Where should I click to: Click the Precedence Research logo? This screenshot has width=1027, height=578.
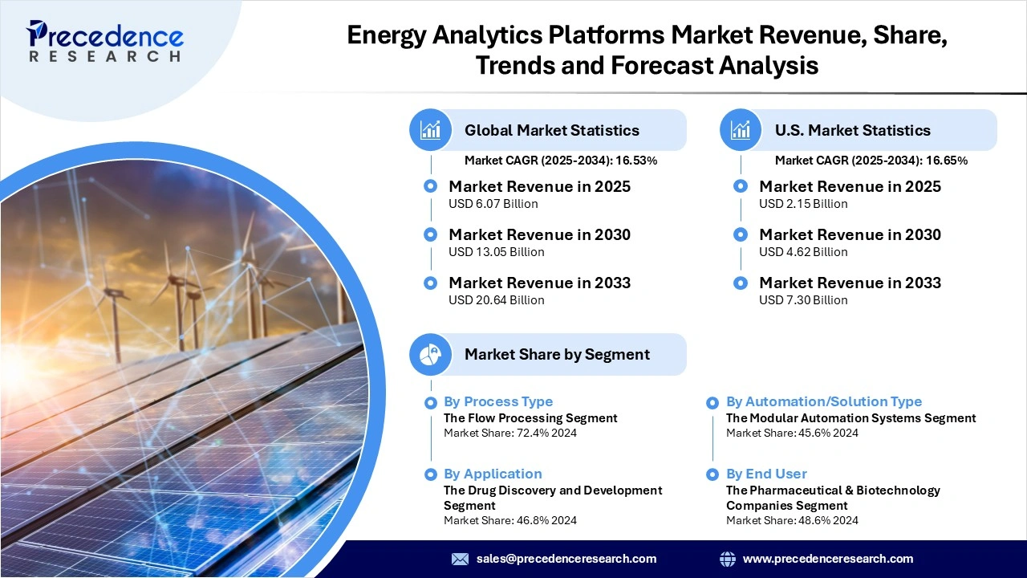pyautogui.click(x=105, y=40)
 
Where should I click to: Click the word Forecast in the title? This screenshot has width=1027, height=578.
pyautogui.click(x=663, y=65)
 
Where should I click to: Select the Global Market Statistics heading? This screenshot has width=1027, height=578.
pyautogui.click(x=552, y=130)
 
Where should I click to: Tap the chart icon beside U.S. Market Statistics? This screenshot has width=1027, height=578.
pyautogui.click(x=741, y=130)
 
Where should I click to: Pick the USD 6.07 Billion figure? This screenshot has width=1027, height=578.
pyautogui.click(x=493, y=204)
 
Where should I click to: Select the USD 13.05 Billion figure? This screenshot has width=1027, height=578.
pyautogui.click(x=496, y=252)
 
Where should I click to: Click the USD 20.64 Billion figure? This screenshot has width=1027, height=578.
pyautogui.click(x=496, y=300)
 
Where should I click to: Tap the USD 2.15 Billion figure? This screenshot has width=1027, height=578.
pyautogui.click(x=803, y=204)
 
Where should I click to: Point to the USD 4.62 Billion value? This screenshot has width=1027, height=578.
pyautogui.click(x=803, y=252)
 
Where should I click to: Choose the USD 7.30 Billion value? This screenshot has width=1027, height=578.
pyautogui.click(x=803, y=300)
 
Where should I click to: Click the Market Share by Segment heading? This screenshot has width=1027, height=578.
pyautogui.click(x=557, y=354)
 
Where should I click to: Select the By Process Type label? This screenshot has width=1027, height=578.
pyautogui.click(x=498, y=401)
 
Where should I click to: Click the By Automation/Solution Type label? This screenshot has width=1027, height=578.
pyautogui.click(x=824, y=401)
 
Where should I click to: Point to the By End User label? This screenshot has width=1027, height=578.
pyautogui.click(x=766, y=474)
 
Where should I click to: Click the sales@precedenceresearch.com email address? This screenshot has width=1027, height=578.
pyautogui.click(x=566, y=559)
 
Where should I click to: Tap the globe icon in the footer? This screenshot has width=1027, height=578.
pyautogui.click(x=728, y=559)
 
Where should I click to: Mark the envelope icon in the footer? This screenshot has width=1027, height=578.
pyautogui.click(x=460, y=559)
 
